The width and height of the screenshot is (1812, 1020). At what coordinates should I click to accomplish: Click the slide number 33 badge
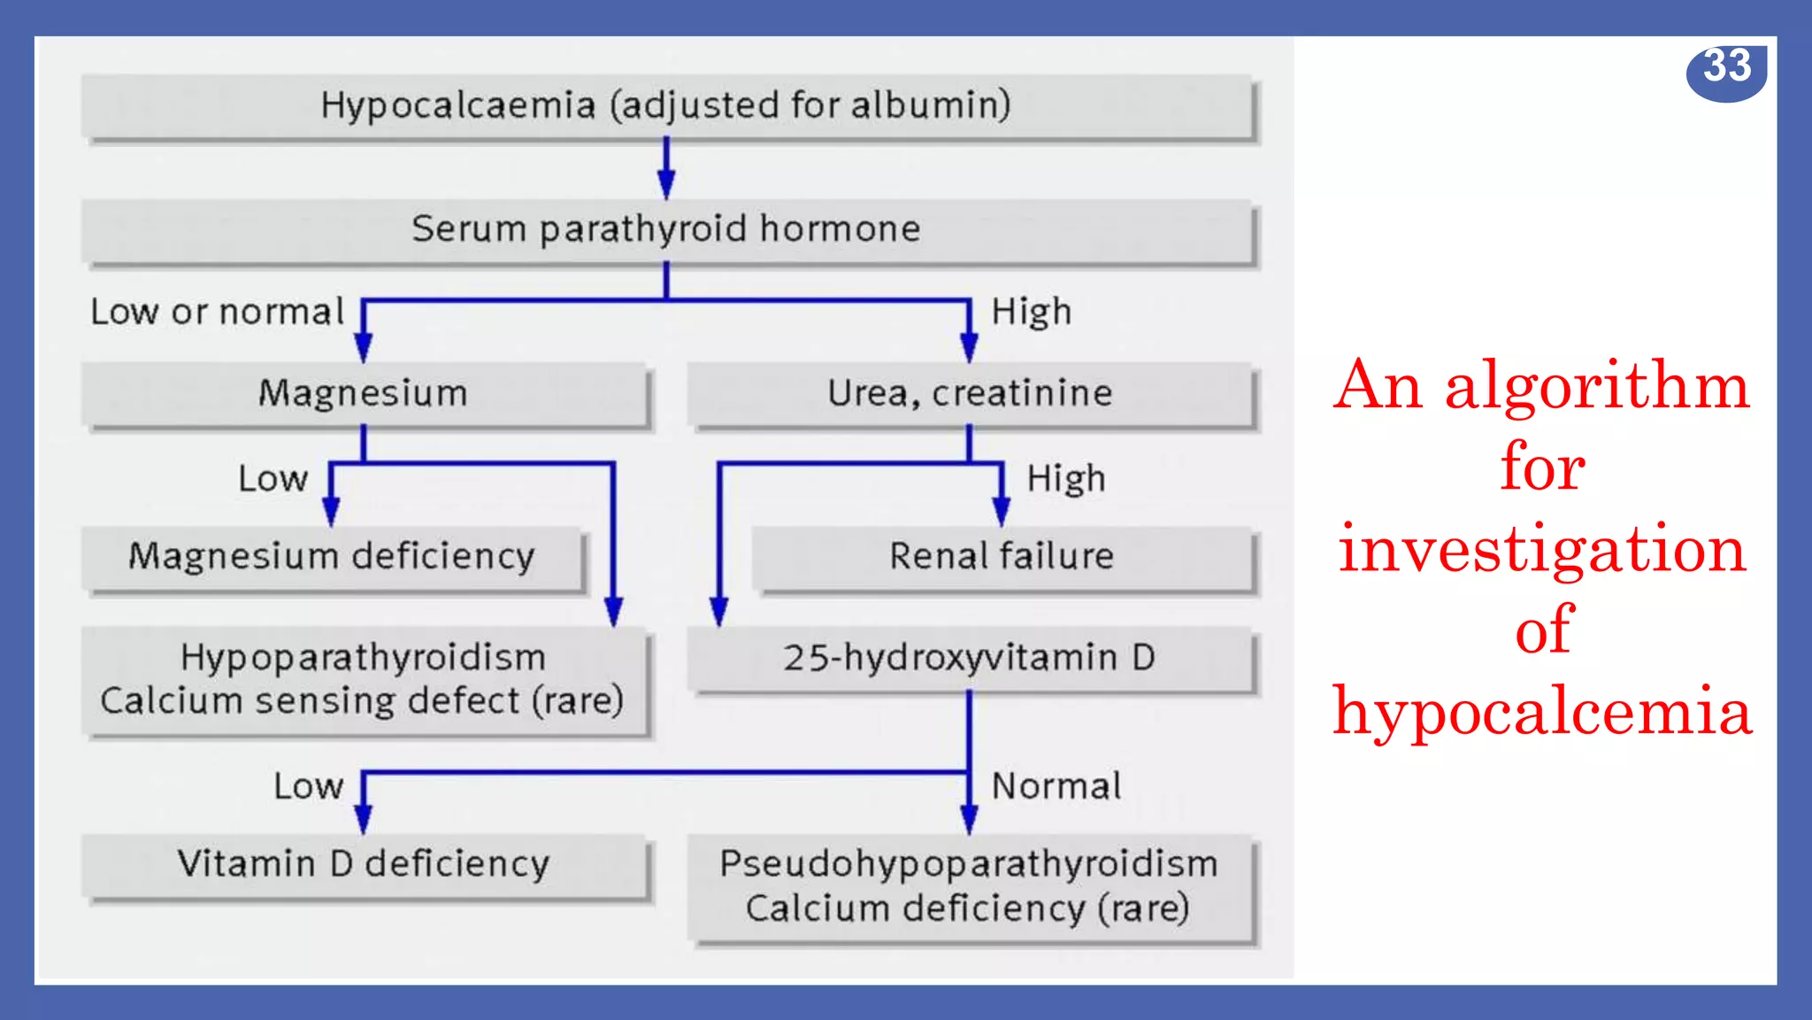(1726, 69)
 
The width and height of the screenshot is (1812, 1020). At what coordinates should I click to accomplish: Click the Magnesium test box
(364, 394)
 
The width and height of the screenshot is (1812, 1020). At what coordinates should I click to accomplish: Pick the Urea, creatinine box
(970, 394)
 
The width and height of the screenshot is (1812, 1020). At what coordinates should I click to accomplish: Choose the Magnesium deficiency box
(332, 558)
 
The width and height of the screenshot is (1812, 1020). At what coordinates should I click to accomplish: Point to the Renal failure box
(1002, 558)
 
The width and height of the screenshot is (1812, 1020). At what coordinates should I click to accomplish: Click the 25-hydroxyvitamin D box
(970, 659)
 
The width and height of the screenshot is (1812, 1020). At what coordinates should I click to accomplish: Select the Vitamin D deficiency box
(364, 865)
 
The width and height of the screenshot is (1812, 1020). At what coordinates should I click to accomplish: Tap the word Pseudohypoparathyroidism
(969, 864)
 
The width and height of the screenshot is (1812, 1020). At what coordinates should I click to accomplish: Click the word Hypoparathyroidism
(364, 658)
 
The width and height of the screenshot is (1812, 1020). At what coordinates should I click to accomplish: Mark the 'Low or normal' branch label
(217, 313)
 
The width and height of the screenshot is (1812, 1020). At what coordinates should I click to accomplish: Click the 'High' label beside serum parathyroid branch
(1032, 313)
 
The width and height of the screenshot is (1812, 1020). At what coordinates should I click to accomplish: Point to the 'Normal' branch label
(1056, 786)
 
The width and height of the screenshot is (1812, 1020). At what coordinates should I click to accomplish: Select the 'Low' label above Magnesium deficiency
(273, 479)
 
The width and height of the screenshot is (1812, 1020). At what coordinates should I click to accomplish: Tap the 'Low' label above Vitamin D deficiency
(308, 786)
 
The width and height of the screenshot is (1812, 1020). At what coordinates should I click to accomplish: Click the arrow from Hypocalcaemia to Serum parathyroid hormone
(666, 168)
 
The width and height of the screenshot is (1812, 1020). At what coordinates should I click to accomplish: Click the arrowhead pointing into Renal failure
(1002, 512)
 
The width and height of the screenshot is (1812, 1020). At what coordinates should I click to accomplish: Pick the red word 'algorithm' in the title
(1597, 387)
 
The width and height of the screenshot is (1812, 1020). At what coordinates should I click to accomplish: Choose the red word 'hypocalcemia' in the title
(1542, 712)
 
